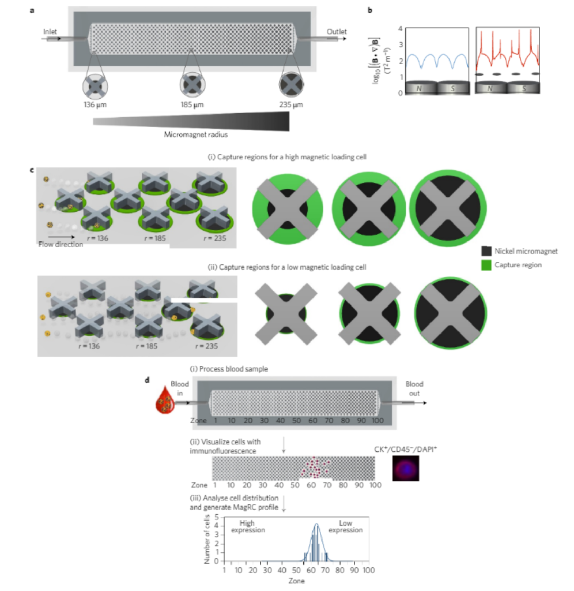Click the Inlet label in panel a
coord(50,32)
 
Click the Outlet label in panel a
coord(337,32)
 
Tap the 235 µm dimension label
coord(291,105)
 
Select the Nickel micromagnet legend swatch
coord(486,251)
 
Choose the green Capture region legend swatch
coord(486,265)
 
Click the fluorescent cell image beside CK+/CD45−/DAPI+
coord(406,467)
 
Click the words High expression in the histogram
coord(248,526)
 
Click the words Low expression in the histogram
coord(345,526)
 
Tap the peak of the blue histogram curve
coord(316,524)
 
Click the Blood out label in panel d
coord(414,388)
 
